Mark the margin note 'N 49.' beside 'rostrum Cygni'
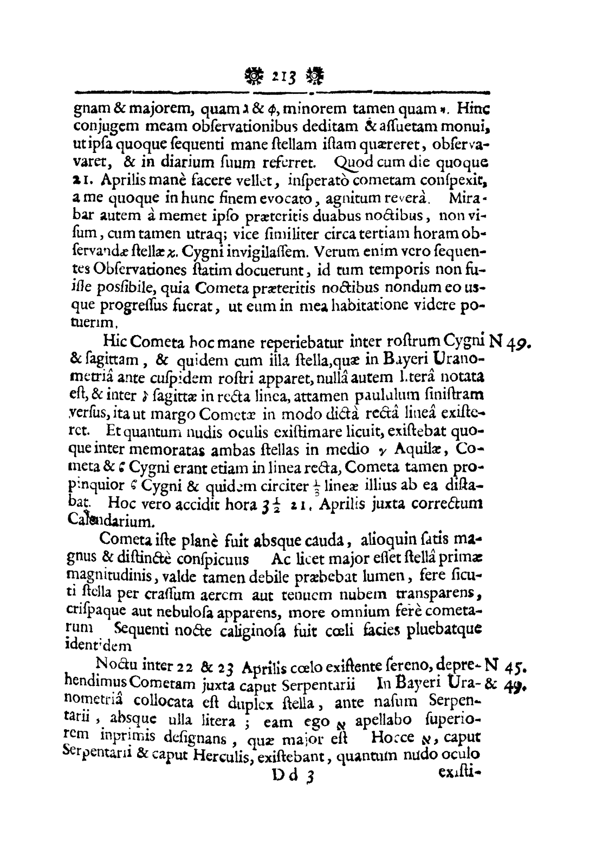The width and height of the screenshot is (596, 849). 516,343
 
